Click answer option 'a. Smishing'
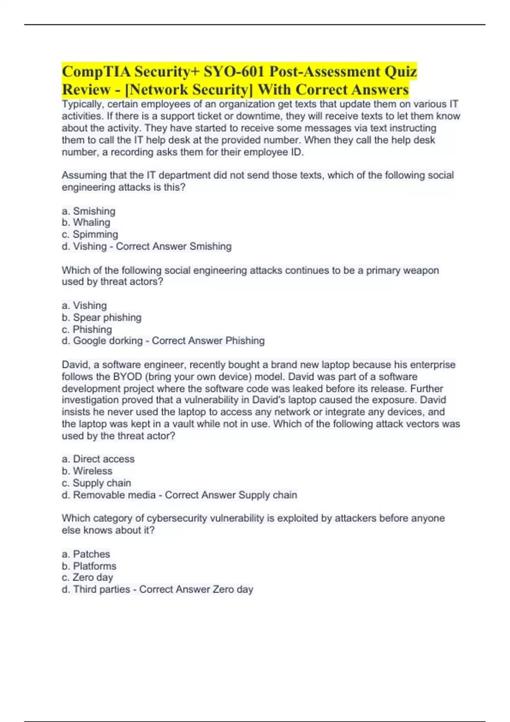[x=88, y=211]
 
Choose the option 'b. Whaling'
[x=86, y=223]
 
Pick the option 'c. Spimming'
[x=90, y=234]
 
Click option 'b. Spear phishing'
[x=102, y=318]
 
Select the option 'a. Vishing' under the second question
[x=84, y=306]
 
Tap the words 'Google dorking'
[x=108, y=341]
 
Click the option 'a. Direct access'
[x=98, y=459]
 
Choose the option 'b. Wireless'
[x=87, y=471]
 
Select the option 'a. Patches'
[x=86, y=554]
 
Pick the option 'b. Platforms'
[x=89, y=566]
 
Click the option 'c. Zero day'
[x=87, y=578]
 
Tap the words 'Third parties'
[x=102, y=589]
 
